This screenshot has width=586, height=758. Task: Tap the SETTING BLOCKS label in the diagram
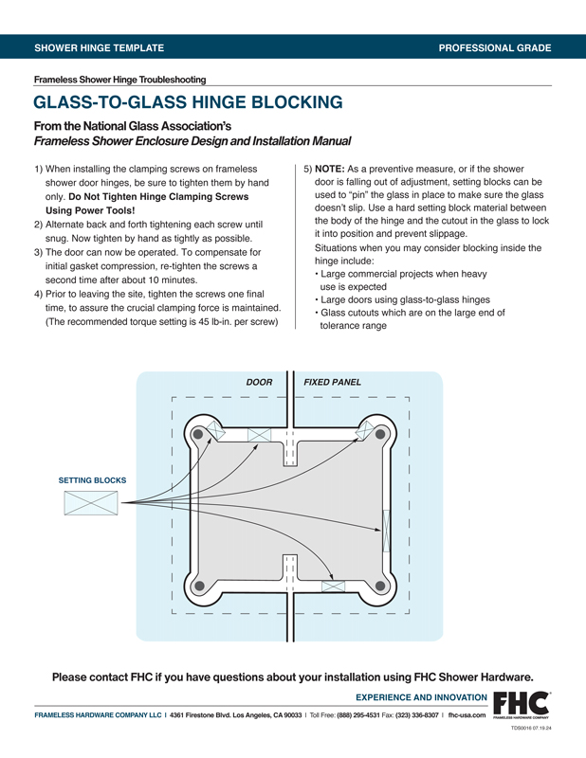[92, 480]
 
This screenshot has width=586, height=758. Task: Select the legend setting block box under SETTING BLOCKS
[91, 503]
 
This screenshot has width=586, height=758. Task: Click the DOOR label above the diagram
[259, 383]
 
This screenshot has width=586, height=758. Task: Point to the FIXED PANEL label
[332, 383]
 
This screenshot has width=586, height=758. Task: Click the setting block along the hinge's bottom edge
[333, 587]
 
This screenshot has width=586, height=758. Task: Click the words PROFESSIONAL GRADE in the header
[495, 47]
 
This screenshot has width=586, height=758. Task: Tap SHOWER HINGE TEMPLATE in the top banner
[99, 47]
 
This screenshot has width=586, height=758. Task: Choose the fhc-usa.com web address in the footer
[467, 714]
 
